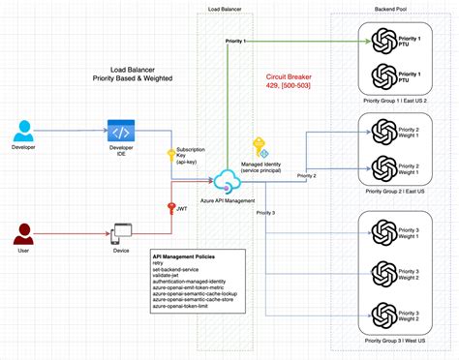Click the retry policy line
click(x=159, y=266)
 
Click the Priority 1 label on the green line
click(x=234, y=42)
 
